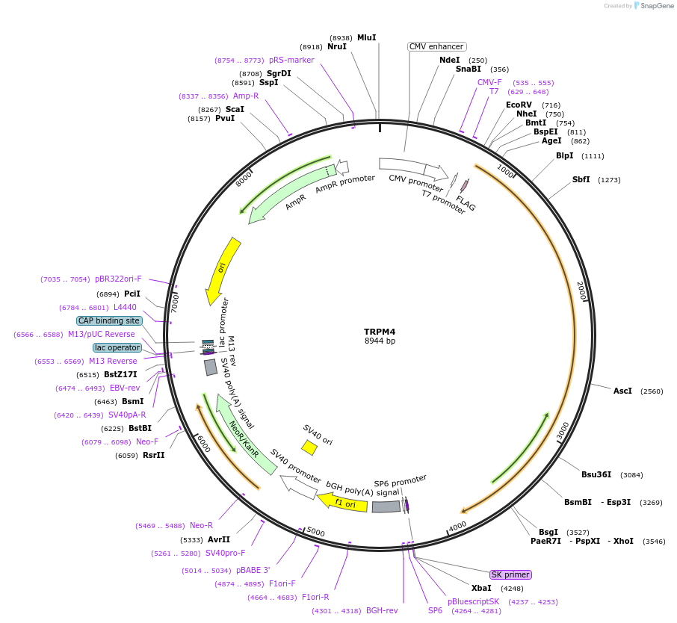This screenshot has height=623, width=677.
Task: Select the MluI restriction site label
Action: [366, 37]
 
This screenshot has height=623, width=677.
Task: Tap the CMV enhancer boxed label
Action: [437, 46]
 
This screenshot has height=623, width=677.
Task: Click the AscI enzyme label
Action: [622, 391]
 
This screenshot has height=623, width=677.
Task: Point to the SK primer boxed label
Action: [510, 574]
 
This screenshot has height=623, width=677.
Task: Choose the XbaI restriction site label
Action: [481, 588]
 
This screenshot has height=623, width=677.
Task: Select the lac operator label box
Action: [117, 347]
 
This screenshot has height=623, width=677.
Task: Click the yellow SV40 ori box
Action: [309, 447]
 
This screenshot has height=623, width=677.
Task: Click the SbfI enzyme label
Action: [581, 179]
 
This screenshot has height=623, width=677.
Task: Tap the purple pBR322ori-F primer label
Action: [118, 279]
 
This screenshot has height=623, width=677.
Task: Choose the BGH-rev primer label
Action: [382, 610]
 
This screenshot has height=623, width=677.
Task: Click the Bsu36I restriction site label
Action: [596, 474]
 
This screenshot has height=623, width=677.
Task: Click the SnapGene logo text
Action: [655, 6]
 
